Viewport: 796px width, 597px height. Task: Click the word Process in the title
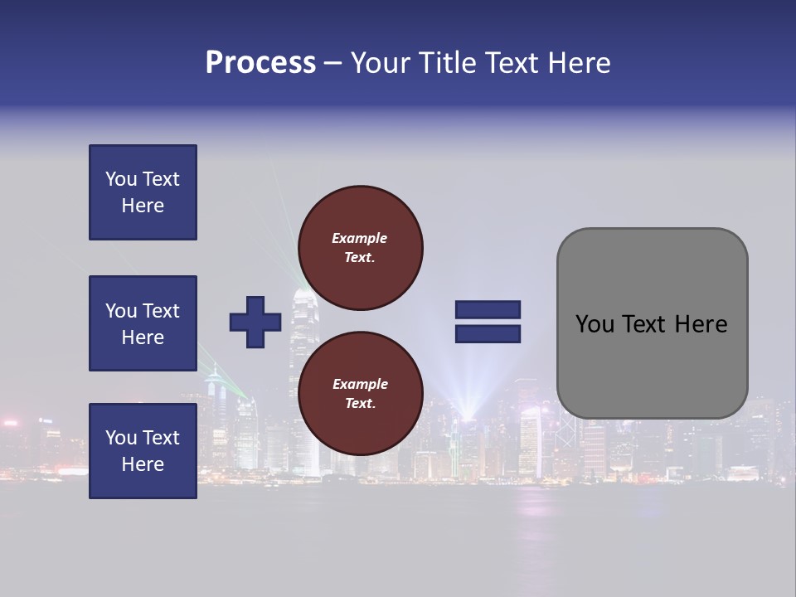[x=260, y=63]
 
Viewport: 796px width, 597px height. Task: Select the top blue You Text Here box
[x=143, y=192]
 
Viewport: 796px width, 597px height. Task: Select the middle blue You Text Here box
[x=143, y=323]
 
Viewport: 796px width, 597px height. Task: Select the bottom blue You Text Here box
[x=143, y=451]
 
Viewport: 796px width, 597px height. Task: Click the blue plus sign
[x=255, y=322]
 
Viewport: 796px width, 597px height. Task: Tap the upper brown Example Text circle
[x=360, y=247]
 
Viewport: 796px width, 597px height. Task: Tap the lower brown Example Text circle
[x=360, y=393]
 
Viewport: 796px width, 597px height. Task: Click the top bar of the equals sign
[x=488, y=310]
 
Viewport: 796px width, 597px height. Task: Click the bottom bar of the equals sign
[x=488, y=333]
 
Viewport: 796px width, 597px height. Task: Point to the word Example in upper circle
[x=360, y=238]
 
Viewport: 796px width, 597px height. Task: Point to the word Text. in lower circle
[x=360, y=404]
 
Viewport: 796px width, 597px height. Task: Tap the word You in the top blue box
[x=120, y=179]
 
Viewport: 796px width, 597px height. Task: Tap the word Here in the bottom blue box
[x=143, y=464]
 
